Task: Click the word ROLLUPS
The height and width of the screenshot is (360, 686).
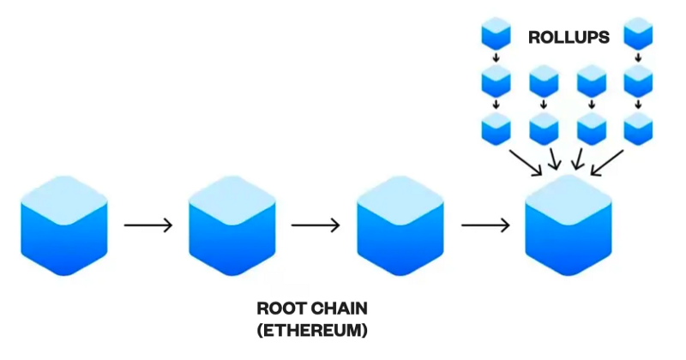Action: [x=569, y=38]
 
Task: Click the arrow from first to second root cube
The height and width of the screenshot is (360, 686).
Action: [x=148, y=225]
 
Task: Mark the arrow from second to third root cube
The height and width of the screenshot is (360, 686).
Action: [x=316, y=225]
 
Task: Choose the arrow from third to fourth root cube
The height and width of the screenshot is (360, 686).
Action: [x=485, y=225]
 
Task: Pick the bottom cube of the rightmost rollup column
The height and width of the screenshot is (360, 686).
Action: [x=639, y=129]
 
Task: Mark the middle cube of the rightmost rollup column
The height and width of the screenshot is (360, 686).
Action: [x=639, y=83]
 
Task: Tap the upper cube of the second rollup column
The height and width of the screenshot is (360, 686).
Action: [x=544, y=83]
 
